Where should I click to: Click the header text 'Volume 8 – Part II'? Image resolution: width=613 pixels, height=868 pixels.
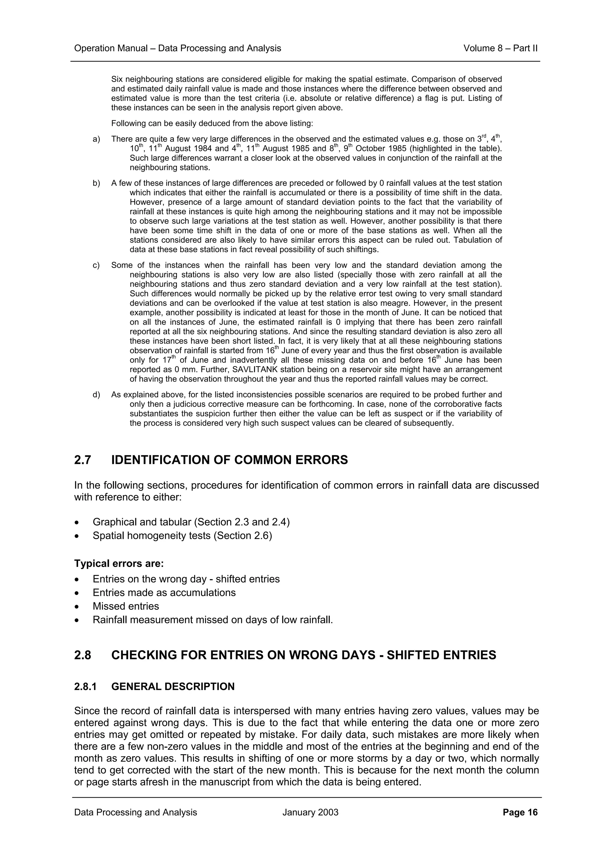500,49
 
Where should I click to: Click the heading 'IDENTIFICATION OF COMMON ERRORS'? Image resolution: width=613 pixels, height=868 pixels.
229,460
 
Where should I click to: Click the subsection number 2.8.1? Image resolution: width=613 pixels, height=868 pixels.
85,686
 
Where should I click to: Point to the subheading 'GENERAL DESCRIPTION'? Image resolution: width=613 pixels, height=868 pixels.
173,686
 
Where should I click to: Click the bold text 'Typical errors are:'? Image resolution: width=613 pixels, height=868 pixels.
119,564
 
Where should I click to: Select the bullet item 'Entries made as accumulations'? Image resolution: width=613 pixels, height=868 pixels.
164,592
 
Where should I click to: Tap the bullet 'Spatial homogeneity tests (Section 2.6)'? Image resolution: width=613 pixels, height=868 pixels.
182,536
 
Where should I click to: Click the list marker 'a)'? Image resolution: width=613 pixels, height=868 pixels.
96,140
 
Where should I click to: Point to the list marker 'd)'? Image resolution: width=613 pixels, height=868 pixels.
96,395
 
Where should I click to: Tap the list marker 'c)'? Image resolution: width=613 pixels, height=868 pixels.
96,265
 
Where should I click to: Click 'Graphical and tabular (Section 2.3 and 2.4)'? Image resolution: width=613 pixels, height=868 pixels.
191,522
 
